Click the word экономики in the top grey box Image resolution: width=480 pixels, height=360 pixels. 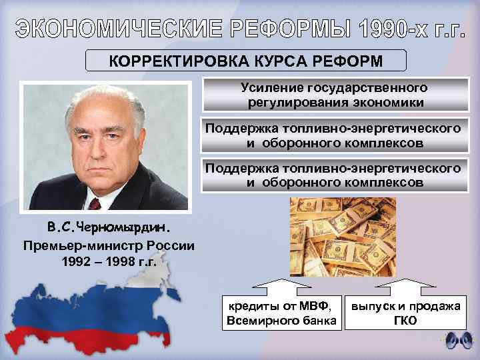tap(387, 103)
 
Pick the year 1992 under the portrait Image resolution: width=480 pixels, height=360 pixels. tap(75, 261)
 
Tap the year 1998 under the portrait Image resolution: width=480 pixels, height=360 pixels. tap(120, 261)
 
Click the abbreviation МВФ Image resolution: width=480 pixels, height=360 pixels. tap(319, 306)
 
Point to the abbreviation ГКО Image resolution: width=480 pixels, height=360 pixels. tap(405, 321)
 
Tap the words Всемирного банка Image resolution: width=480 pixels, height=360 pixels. tap(282, 321)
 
